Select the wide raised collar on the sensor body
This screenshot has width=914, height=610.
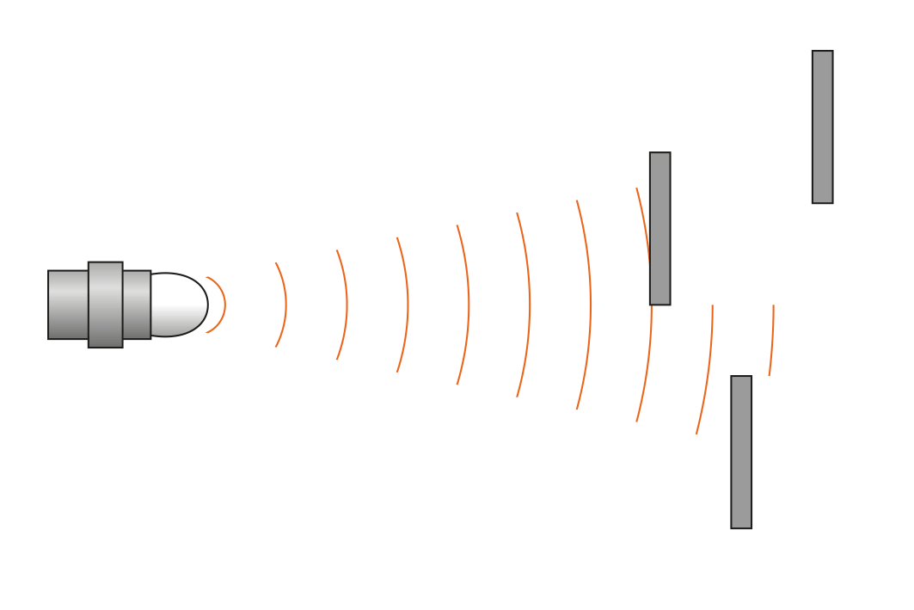pos(105,305)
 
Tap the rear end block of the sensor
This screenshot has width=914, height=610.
pos(68,305)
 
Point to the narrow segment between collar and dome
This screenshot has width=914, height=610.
pos(137,305)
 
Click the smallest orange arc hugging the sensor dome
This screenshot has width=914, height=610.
pos(224,305)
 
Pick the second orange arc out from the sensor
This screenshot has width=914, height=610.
pos(285,305)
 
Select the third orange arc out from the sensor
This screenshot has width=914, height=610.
pos(347,305)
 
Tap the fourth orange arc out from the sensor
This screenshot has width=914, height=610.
pos(408,305)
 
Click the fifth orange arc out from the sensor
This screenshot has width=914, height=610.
pos(469,305)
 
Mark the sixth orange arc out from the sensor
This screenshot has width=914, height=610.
pos(530,305)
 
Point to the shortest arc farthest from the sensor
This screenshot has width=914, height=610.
pos(772,340)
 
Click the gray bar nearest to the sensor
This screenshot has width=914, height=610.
pos(659,229)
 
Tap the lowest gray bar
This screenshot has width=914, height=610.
pos(741,452)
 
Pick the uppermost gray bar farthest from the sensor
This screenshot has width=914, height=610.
pos(822,127)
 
